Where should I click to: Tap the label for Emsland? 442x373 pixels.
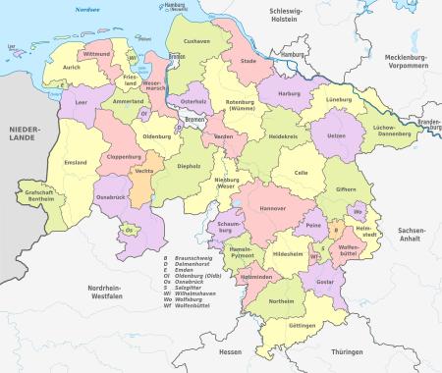(x=75, y=162)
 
